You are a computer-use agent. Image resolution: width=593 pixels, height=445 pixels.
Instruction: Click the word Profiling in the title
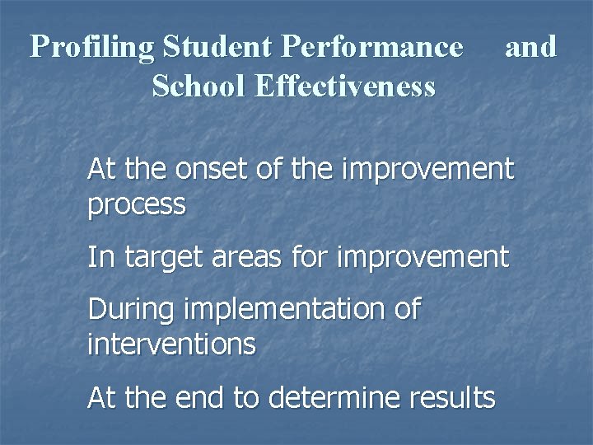(x=92, y=48)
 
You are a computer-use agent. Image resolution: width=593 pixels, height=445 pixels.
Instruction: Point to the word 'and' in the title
(x=531, y=47)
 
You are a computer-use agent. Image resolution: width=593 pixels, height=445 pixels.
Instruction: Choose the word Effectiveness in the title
(x=345, y=86)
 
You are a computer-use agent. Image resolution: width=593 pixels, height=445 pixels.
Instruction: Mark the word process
(x=136, y=204)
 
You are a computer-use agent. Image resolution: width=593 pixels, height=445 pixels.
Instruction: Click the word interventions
(x=171, y=344)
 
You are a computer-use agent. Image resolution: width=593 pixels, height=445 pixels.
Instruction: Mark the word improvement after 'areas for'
(x=424, y=258)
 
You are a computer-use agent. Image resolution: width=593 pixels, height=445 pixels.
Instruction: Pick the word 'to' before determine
(x=246, y=399)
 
